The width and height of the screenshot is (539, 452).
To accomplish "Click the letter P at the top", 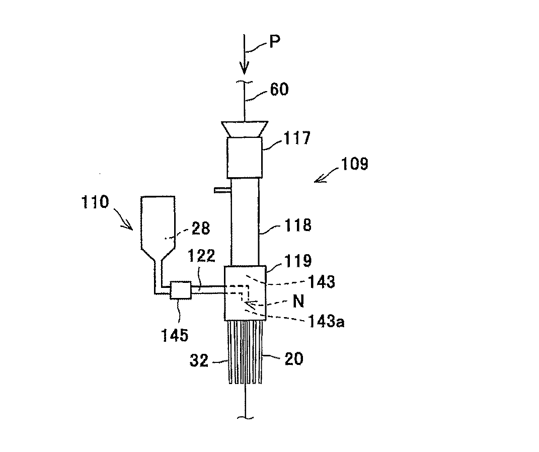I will pos(274,41).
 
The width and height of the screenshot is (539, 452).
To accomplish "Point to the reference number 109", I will pos(355,165).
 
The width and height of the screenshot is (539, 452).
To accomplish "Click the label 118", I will pos(297,225).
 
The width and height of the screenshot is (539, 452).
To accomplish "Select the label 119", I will pos(298,261).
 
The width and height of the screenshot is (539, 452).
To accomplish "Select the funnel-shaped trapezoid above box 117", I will pos(244,129).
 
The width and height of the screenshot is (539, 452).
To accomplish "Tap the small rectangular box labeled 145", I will pos(181,290).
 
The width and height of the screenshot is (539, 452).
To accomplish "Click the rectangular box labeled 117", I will pos(244,157).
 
